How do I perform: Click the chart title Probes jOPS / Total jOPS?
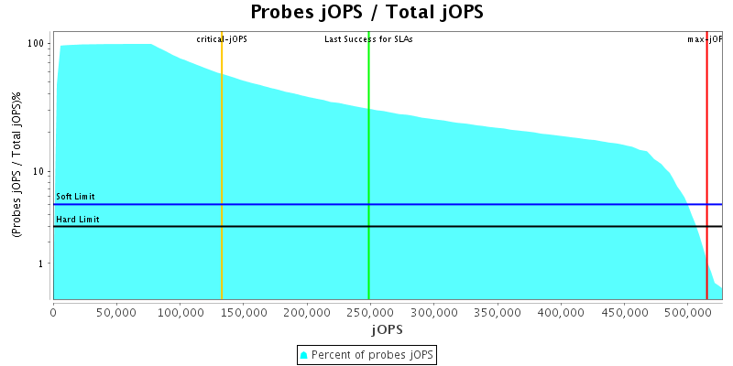tap(366, 13)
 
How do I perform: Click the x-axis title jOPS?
tap(386, 328)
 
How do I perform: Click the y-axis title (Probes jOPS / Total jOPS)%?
tap(16, 165)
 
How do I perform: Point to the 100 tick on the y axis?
tap(38, 44)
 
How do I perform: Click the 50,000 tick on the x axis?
tap(116, 312)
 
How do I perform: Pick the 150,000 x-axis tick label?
tap(244, 312)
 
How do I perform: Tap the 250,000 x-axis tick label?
tap(370, 312)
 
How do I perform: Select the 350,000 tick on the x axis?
tap(497, 312)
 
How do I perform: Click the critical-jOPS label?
tap(222, 39)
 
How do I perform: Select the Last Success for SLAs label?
tap(368, 39)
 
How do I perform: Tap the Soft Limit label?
tap(75, 197)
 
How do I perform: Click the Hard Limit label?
tap(78, 220)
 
